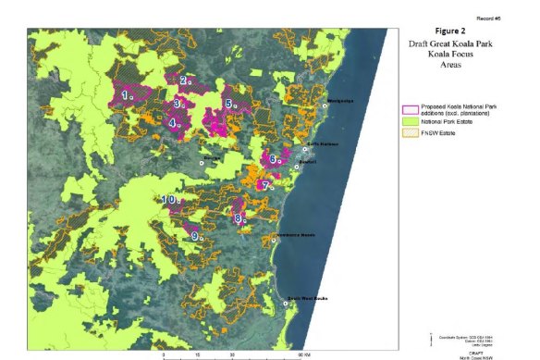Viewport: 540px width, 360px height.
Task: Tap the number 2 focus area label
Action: pyautogui.click(x=183, y=81)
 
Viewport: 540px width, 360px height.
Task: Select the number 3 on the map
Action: pyautogui.click(x=174, y=104)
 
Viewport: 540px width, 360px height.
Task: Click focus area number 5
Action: pyautogui.click(x=228, y=104)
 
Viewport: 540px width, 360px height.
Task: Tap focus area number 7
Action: pyautogui.click(x=265, y=185)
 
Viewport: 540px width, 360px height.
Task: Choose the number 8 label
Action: pyautogui.click(x=238, y=218)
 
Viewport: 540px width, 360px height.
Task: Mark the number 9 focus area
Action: pyautogui.click(x=195, y=236)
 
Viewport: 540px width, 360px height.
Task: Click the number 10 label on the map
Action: pyautogui.click(x=169, y=200)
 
